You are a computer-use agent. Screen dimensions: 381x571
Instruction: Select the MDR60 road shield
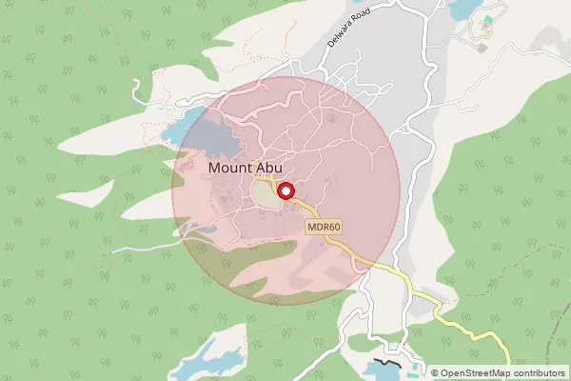324,228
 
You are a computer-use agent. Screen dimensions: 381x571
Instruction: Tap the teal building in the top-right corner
488,19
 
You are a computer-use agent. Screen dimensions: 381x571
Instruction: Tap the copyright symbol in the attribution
435,373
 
